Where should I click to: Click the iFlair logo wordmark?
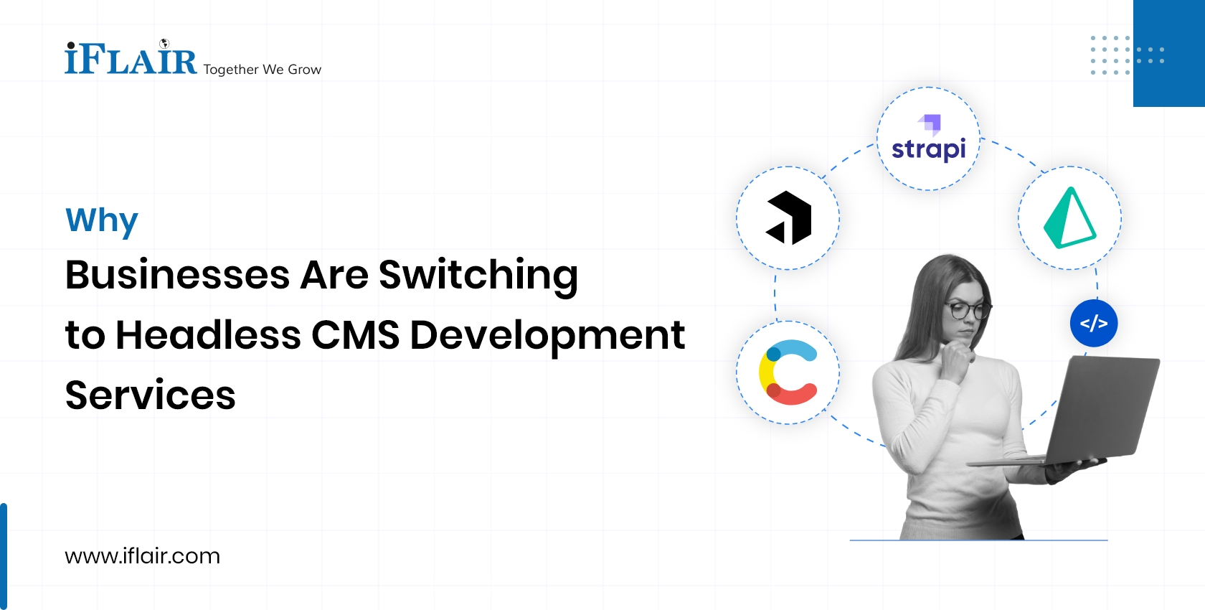131,60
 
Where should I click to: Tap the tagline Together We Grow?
262,70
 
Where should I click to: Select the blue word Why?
101,220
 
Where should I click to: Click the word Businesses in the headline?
177,275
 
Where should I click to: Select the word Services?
150,395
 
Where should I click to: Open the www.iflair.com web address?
142,556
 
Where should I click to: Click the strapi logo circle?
928,139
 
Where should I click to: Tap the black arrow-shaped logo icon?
788,218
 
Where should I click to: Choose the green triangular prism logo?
1069,218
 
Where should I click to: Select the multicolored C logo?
788,372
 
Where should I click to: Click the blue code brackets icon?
1093,324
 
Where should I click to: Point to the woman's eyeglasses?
968,310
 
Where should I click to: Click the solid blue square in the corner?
1169,53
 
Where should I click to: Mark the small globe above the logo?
164,44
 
